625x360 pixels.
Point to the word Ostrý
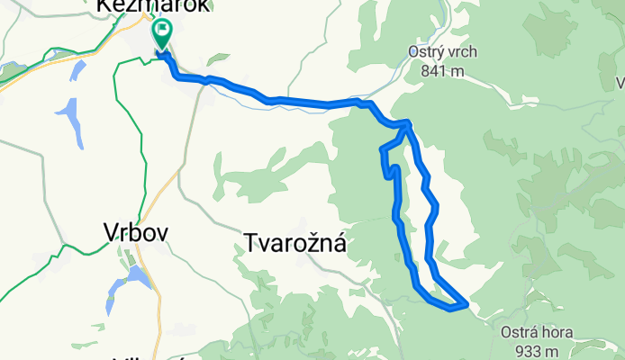click(442, 51)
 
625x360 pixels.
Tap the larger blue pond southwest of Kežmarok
click(73, 121)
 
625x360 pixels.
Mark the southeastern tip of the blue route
click(465, 305)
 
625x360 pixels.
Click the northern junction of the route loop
click(408, 122)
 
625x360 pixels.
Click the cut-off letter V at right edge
click(620, 84)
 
